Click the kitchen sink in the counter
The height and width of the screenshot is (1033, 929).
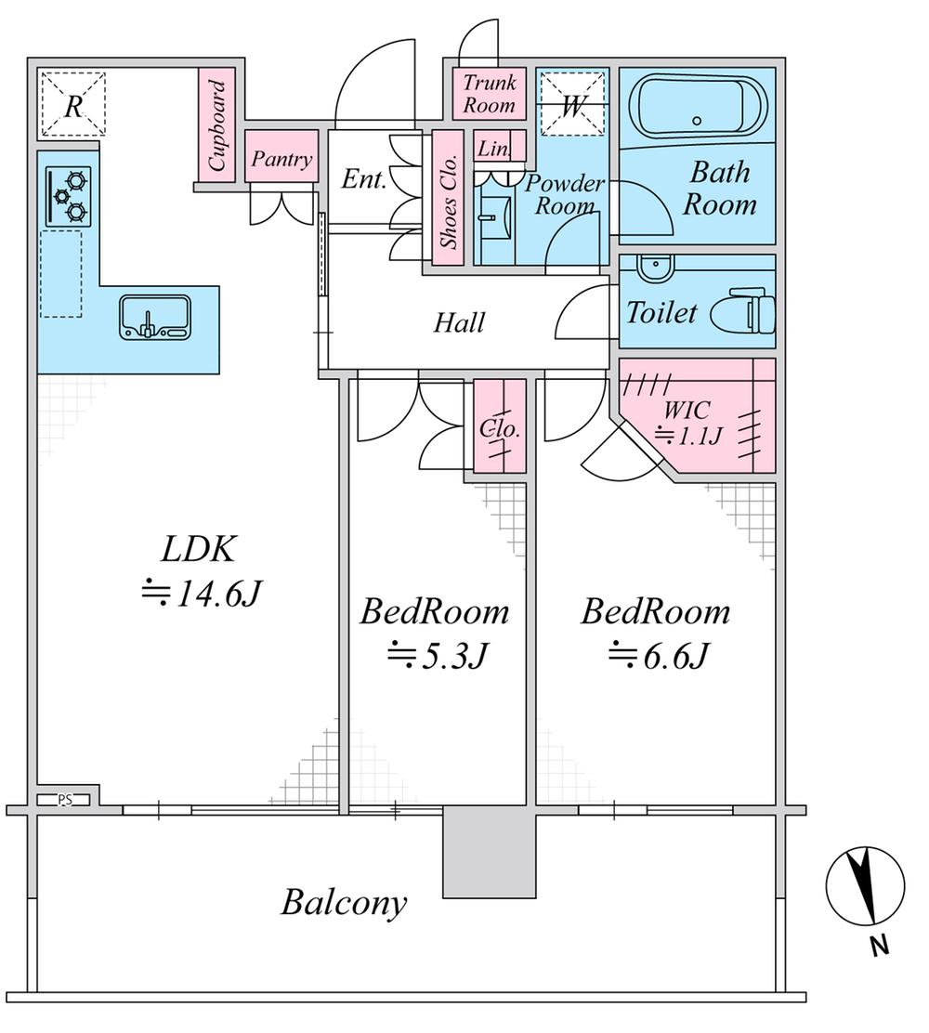[x=154, y=317]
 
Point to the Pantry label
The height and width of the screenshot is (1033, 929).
[x=281, y=160]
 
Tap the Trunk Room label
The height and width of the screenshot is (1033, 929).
[x=490, y=94]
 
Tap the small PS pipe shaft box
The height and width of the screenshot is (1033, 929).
[x=65, y=799]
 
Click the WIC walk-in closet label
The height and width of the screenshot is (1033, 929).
[x=687, y=423]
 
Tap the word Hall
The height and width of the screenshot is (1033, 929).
[x=460, y=323]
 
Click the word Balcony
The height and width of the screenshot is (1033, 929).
[x=345, y=902]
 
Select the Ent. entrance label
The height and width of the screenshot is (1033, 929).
[x=364, y=179]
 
